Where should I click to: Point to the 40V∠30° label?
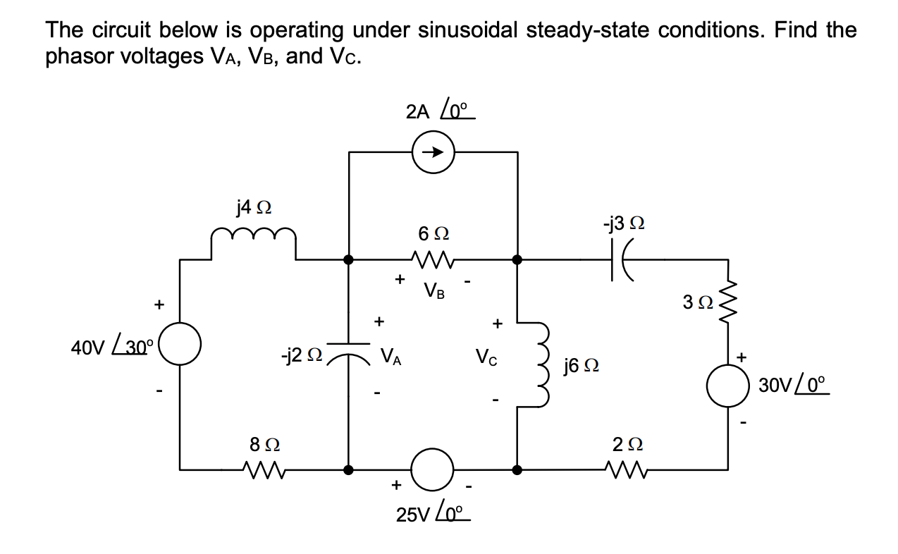[109, 347]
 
